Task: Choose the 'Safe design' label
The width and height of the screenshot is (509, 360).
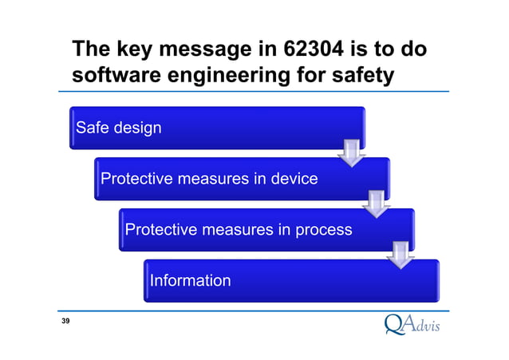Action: coord(118,128)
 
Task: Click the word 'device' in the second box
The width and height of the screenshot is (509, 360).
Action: coord(291,179)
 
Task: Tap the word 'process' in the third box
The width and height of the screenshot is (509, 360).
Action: coord(321,230)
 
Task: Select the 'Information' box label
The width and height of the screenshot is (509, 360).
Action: coord(190,280)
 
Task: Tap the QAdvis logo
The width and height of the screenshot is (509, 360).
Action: coord(412,324)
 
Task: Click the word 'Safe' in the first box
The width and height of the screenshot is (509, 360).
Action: coord(92,128)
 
